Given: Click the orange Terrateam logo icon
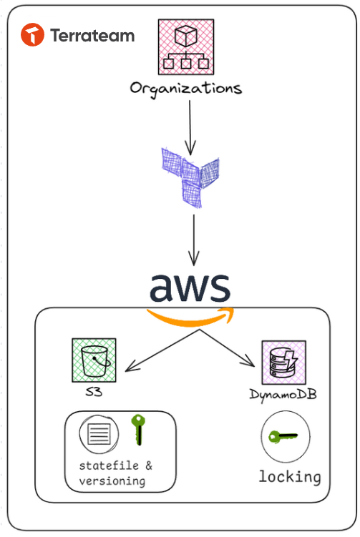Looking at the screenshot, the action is pos(33,34).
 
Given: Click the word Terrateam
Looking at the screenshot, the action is pos(92,36).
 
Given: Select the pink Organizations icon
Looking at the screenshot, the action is pos(186,47).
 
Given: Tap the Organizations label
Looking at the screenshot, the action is pos(186,89).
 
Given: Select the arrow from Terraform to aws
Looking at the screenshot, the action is pos(194,240).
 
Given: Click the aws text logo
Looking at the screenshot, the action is pos(190,287).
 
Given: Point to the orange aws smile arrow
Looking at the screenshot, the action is pos(190,317).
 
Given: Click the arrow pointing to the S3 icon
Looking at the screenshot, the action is pos(162,350).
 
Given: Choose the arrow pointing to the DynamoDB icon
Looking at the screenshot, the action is pos(227,348).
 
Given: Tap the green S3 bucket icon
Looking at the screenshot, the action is pos(94,360).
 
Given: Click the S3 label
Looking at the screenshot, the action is pos(94,391).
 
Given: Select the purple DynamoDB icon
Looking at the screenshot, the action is pos(284,363).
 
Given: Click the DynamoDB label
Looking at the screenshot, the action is pos(283,395).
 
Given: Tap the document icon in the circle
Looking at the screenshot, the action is pos(99,434).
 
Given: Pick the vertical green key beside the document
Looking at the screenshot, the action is pos(138,430).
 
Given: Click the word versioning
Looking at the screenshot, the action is pos(112,481).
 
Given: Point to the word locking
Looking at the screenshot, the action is pos(290,477).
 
